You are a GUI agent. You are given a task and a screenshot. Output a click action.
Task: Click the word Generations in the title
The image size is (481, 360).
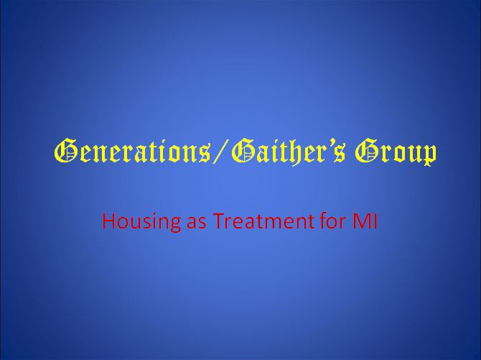coord(133,151)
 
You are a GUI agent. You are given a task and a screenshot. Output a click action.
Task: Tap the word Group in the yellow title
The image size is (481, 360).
coord(396,152)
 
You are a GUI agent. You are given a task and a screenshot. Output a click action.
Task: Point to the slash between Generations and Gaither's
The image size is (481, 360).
coord(221,151)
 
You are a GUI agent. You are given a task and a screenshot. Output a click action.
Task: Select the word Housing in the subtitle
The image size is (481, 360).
coord(141,222)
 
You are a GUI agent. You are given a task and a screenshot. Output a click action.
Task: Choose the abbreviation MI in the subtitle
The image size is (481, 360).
coord(365,221)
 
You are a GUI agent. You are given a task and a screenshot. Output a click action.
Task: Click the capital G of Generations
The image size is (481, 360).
coord(65,150)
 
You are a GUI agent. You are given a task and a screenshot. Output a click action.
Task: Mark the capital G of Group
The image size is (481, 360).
coord(367,150)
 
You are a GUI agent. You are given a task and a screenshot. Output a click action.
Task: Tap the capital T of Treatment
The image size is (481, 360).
coord(219,221)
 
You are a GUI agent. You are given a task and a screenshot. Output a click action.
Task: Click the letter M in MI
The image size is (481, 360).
coord(363,221)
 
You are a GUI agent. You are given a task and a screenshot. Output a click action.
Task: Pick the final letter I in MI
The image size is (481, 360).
coord(375,221)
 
